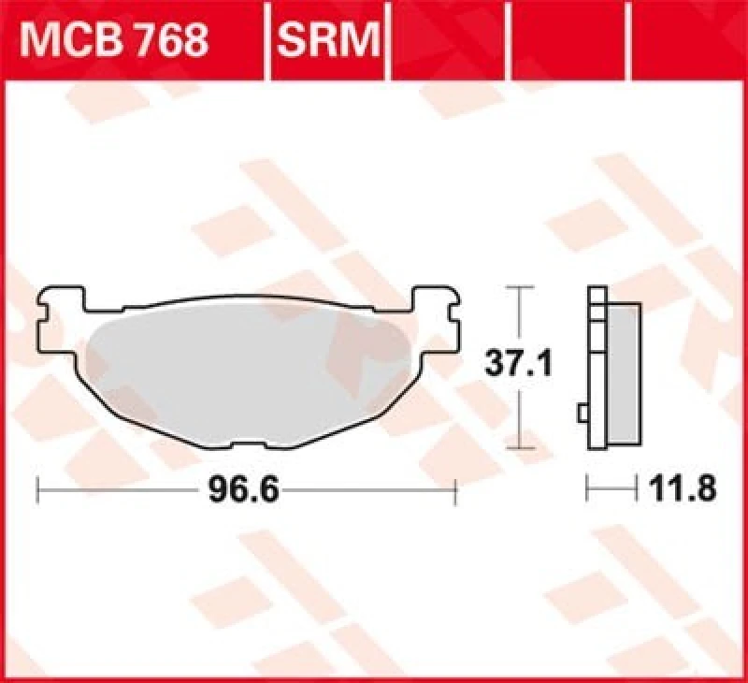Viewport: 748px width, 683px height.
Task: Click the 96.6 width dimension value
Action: [241, 489]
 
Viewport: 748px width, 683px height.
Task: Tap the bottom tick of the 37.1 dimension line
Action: [519, 449]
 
